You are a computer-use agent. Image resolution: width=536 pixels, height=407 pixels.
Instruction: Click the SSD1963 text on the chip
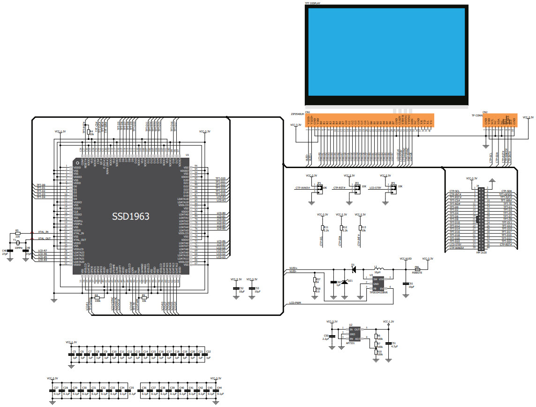click(130, 216)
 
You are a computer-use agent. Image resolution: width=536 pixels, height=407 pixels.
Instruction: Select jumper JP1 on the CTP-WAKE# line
click(319, 189)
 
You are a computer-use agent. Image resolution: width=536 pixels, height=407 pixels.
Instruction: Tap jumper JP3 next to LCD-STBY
click(393, 189)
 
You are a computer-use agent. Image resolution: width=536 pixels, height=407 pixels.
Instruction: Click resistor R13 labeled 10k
click(359, 229)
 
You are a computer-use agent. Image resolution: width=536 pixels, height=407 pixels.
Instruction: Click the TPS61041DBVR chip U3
click(378, 284)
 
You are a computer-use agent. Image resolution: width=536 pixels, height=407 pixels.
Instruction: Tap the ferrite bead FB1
click(417, 269)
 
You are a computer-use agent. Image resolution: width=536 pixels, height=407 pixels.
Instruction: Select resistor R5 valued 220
click(17, 234)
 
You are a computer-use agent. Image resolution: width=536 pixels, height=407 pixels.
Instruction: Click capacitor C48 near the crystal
click(10, 252)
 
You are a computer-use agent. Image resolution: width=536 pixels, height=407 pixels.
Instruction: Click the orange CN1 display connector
click(369, 121)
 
